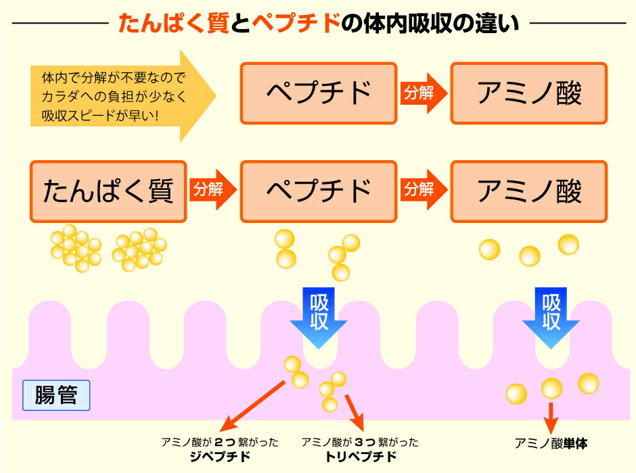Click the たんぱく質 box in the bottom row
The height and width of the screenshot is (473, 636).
(108, 191)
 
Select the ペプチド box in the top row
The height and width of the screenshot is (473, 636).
(319, 93)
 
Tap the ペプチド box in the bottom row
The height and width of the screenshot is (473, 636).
(319, 191)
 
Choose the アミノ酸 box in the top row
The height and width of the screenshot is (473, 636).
(529, 93)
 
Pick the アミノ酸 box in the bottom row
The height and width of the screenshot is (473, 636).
(529, 191)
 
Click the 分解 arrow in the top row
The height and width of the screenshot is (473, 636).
(423, 93)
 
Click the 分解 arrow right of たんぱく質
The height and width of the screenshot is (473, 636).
(212, 191)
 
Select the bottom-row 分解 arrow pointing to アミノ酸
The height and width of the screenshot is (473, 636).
(423, 191)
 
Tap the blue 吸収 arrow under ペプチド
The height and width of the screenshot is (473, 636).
(319, 314)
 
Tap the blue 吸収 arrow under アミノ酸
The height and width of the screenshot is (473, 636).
(551, 314)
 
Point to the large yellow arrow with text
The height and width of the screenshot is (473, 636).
(122, 95)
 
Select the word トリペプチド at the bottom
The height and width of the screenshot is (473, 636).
(360, 457)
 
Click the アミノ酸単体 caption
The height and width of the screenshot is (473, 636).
(551, 444)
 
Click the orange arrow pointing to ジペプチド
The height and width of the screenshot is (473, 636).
(254, 405)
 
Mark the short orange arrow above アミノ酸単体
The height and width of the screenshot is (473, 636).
(551, 413)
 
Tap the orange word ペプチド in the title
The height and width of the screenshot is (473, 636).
(295, 24)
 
